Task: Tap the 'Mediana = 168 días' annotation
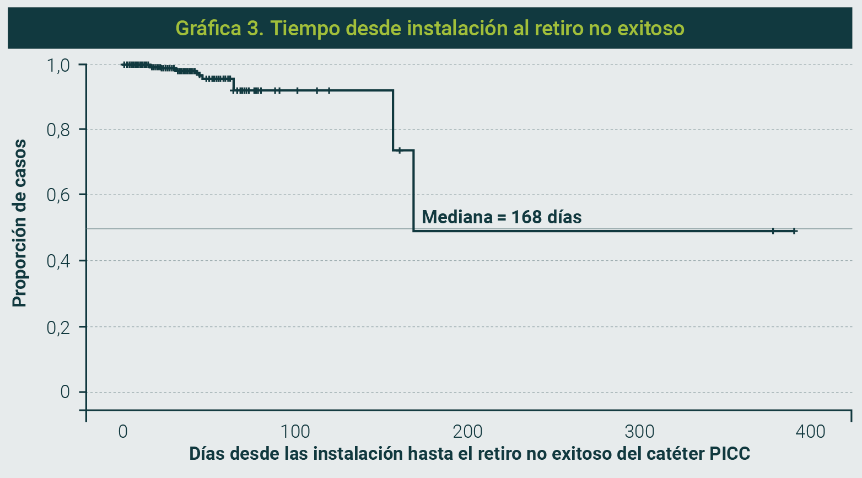pos(501,217)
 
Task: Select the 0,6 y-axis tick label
pos(58,195)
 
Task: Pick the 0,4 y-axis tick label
pos(58,261)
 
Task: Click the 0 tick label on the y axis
pos(65,392)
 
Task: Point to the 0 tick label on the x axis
pos(123,431)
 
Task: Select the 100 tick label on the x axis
pos(295,431)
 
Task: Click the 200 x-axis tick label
pos(467,431)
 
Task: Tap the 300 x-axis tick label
pos(639,431)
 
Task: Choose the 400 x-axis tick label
pos(810,431)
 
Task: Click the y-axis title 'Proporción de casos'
pos(19,223)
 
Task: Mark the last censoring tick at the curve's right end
pos(794,231)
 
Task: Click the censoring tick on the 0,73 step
pos(400,150)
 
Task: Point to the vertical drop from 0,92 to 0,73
pos(393,120)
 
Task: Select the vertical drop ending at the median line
pos(413,190)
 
